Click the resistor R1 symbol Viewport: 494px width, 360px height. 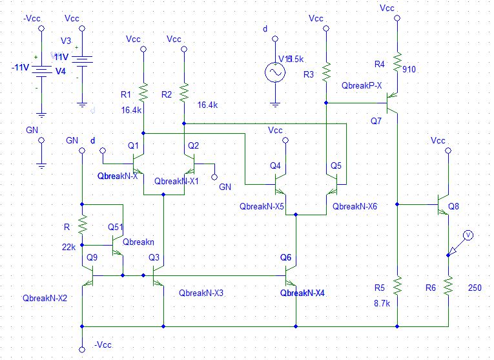[143, 93]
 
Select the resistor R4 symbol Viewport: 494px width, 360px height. [397, 59]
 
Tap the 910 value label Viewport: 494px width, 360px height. [409, 69]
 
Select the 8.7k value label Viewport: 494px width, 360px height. [382, 302]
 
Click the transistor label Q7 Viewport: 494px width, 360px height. [376, 121]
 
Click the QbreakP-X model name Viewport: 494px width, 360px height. [362, 85]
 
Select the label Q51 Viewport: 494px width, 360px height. [116, 227]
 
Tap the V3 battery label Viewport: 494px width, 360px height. [66, 40]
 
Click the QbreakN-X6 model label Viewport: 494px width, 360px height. [355, 206]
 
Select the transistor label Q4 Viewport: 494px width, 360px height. [275, 165]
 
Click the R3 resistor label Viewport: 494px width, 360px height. [309, 75]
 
